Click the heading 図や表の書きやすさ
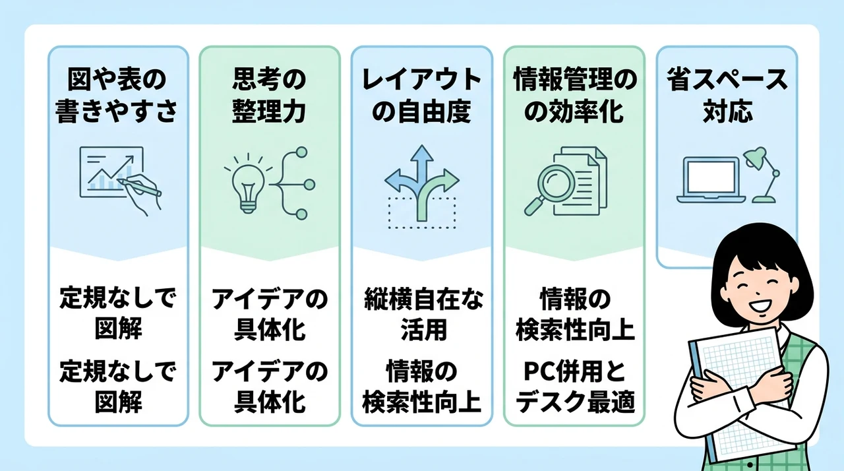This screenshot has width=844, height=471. [117, 96]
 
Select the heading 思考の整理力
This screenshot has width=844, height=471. [269, 96]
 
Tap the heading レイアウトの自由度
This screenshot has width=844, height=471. [421, 96]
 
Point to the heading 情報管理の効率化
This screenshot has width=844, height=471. [574, 96]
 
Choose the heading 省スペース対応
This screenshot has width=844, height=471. [727, 96]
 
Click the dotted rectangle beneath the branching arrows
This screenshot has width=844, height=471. [422, 212]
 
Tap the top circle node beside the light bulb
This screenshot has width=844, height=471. [301, 152]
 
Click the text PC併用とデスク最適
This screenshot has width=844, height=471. [575, 387]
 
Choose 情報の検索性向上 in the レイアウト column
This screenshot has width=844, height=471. [422, 387]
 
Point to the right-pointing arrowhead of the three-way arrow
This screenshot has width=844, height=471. [452, 180]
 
